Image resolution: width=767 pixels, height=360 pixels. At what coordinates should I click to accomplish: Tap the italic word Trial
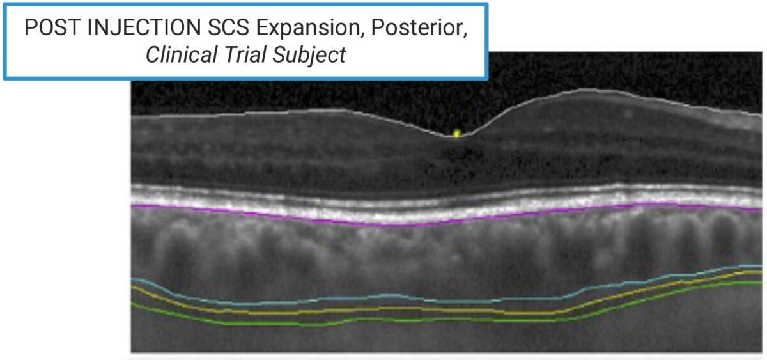tap(245, 55)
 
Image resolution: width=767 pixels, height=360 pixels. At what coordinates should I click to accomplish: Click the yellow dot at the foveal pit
tap(456, 134)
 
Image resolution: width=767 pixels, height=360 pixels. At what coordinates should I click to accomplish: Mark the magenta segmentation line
tap(256, 215)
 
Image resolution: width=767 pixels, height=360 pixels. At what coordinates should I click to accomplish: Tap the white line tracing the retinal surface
tap(256, 113)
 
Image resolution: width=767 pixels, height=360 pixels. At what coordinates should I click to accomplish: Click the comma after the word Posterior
tap(465, 36)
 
